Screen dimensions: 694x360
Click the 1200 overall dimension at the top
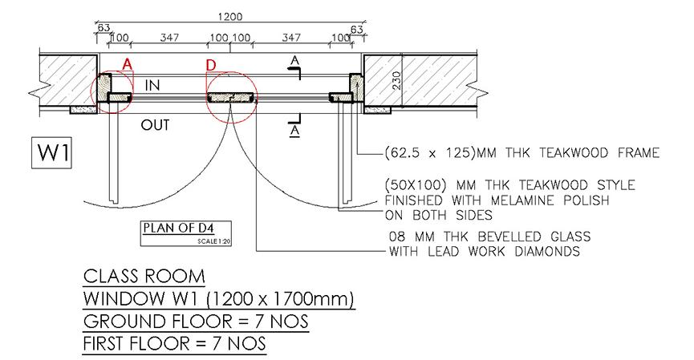coord(230,17)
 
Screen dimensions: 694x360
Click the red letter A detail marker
coord(128,65)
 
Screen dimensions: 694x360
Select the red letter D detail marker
coord(211,66)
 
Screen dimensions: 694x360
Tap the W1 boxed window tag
coord(51,153)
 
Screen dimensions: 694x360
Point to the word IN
coord(152,85)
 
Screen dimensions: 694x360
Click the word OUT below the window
coord(155,125)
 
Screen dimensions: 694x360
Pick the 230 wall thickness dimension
coord(396,80)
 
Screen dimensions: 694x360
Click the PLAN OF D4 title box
coord(186,233)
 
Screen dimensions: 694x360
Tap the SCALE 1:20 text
coord(214,241)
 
